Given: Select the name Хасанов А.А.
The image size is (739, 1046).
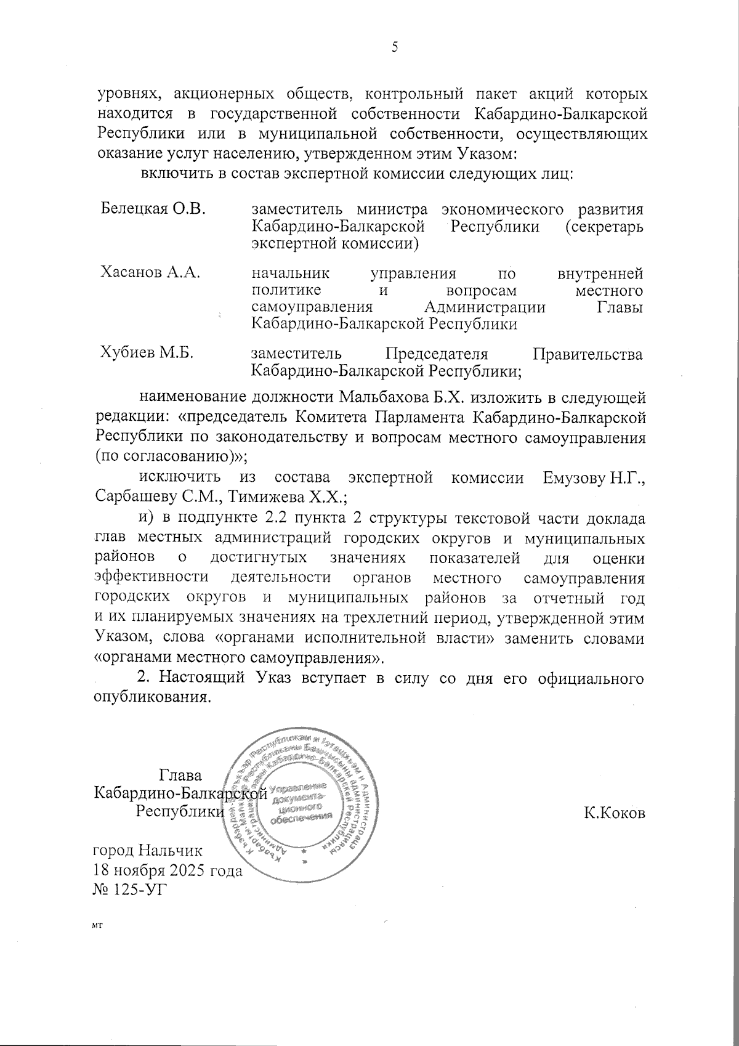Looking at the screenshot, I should click(150, 273).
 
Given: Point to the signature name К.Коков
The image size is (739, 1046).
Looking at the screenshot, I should click(614, 813).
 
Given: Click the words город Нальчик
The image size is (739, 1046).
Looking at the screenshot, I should click(147, 851).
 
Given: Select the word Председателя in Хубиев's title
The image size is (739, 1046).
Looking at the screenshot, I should click(436, 354).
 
